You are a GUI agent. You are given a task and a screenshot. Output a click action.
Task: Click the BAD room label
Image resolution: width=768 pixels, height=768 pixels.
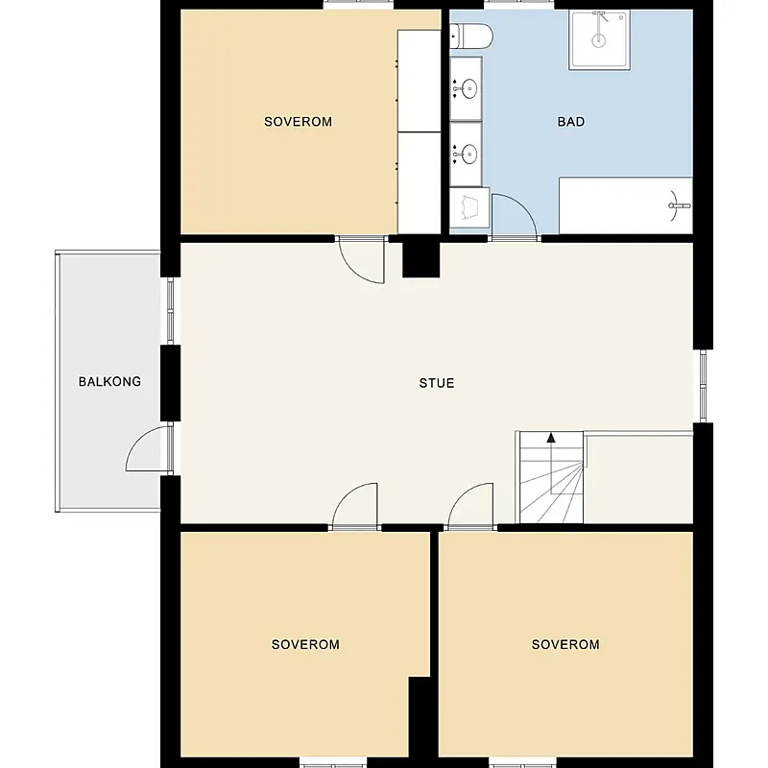click(571, 122)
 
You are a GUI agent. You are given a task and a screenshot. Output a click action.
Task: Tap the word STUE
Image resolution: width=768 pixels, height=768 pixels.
click(437, 383)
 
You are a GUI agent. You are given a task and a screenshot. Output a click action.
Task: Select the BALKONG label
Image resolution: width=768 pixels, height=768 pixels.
click(109, 381)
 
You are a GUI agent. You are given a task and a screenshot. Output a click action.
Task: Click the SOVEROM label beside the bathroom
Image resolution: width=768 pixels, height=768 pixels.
click(298, 122)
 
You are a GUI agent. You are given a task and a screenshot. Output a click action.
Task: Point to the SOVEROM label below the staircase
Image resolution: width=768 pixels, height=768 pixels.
click(565, 644)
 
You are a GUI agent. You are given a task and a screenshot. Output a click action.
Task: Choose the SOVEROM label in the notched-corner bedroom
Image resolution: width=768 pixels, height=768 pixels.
click(305, 644)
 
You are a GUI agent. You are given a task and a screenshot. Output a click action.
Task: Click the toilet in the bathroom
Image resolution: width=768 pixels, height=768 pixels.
click(471, 36)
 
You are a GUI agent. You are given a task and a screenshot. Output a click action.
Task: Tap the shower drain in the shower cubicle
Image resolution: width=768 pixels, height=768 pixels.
click(598, 40)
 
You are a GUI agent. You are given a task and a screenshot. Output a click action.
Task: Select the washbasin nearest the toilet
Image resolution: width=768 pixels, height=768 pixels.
click(469, 89)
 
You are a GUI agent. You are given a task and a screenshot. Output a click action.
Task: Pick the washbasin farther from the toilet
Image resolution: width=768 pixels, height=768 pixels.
click(469, 155)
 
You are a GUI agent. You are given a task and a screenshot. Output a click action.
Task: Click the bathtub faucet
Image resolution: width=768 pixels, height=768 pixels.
click(680, 205)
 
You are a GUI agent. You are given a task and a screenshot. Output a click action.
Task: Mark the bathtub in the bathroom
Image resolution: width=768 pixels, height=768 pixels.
click(626, 205)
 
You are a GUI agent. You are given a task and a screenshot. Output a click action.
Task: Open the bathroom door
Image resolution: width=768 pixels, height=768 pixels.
click(515, 215)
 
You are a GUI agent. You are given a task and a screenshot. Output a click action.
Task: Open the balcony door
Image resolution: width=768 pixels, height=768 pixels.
click(147, 448)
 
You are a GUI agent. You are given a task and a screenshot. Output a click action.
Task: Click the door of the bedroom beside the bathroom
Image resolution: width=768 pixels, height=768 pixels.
click(362, 260)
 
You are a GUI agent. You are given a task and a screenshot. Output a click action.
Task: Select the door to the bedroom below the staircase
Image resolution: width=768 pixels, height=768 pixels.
click(470, 506)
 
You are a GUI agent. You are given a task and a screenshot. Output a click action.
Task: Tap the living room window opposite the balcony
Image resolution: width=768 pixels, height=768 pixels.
click(704, 386)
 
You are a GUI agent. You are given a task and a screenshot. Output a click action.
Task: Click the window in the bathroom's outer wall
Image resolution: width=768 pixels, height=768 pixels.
click(519, 5)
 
